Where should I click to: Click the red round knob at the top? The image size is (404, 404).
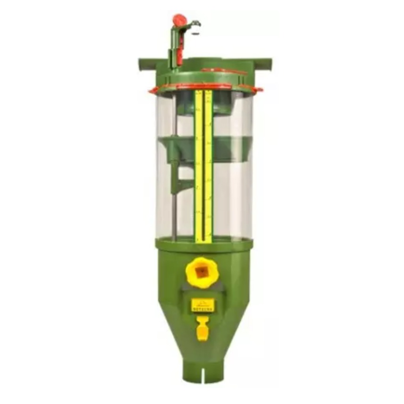click(x=179, y=20)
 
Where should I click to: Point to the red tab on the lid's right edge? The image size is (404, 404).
click(x=258, y=90)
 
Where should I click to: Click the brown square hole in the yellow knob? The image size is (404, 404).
click(x=202, y=271)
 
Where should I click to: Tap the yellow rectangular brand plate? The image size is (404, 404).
click(x=203, y=305)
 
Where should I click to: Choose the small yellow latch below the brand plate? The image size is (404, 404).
click(x=202, y=330)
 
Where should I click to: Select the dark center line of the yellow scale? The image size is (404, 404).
click(x=204, y=166)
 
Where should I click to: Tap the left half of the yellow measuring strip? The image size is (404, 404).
click(x=199, y=166)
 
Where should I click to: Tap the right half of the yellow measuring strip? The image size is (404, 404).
click(x=208, y=166)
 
